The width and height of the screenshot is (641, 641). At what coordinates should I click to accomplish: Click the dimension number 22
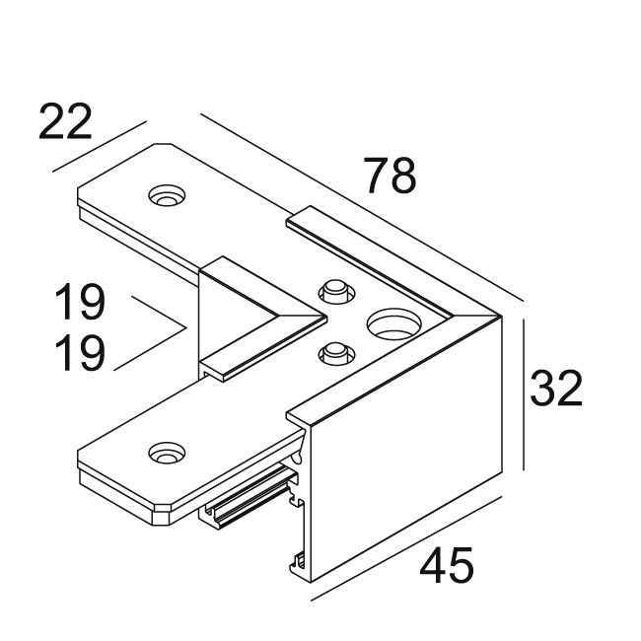click(x=65, y=121)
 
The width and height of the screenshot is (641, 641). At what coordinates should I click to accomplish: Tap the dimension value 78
click(x=390, y=177)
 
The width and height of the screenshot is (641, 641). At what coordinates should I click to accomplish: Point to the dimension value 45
click(x=447, y=566)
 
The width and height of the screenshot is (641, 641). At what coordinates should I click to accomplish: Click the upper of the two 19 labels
click(x=79, y=303)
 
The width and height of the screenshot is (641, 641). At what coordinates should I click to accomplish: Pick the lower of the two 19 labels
click(x=79, y=354)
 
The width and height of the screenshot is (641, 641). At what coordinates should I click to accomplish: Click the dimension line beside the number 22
click(x=99, y=147)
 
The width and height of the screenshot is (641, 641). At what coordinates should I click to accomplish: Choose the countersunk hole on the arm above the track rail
click(x=165, y=454)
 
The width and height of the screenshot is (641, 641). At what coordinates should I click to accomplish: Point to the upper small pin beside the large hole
click(x=333, y=291)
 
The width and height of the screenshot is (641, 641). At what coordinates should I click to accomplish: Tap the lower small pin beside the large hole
click(x=333, y=351)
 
